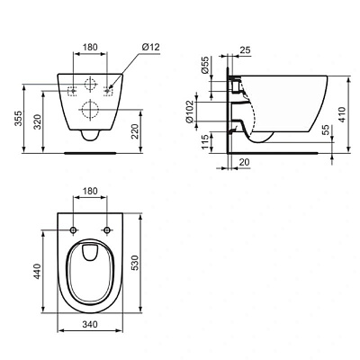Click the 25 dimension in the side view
(x=246, y=50)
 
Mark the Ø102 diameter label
(x=192, y=111)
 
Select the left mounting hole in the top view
(x=72, y=231)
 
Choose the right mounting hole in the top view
(x=106, y=231)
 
